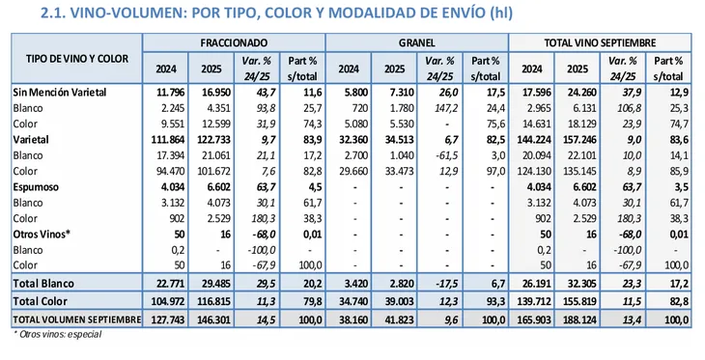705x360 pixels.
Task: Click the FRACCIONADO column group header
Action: click(234, 43)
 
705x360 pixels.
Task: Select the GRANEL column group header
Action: click(417, 43)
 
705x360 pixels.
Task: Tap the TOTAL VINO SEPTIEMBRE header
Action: click(600, 43)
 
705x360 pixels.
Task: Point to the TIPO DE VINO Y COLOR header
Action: click(77, 59)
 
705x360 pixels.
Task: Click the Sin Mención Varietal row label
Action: click(60, 93)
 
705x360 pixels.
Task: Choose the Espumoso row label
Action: click(36, 187)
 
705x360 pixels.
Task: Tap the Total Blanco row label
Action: click(43, 284)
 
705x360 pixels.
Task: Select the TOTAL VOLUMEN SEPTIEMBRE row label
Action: click(77, 319)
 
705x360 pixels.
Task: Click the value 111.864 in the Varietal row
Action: click(166, 140)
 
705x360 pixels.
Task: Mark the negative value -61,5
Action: click(446, 155)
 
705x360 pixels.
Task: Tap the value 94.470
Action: click(170, 171)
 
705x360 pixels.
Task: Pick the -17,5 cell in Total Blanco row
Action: click(446, 284)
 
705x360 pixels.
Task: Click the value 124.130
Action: click(533, 171)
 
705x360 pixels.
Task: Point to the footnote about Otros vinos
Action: click(58, 334)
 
